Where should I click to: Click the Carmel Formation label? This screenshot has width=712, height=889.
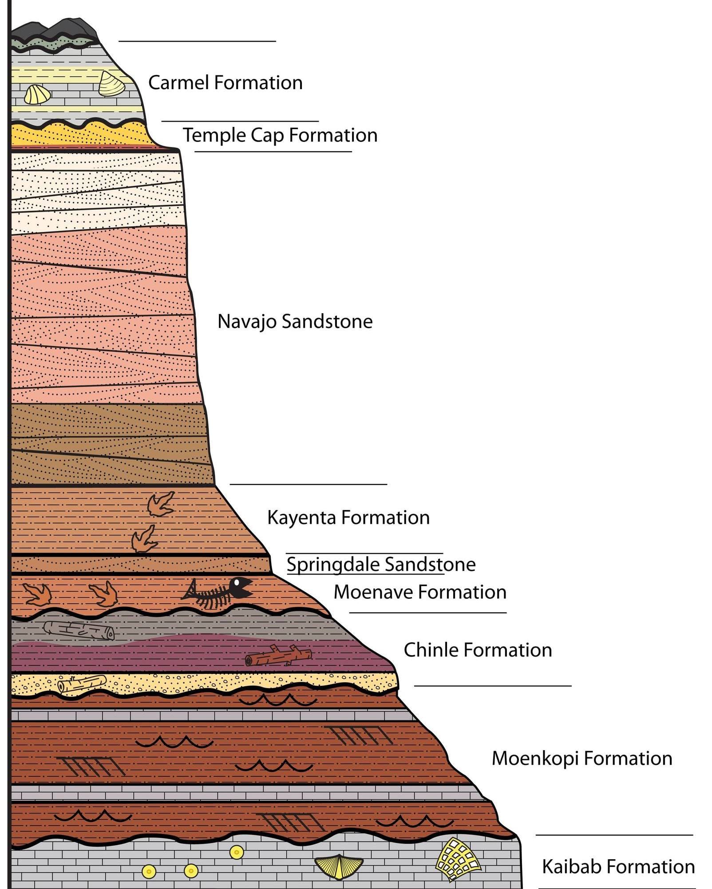click(225, 83)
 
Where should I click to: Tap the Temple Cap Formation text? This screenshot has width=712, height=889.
click(280, 135)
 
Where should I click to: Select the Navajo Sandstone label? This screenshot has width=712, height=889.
click(295, 322)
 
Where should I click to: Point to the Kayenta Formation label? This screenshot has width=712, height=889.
click(348, 518)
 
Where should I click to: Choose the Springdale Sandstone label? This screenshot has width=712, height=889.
click(381, 565)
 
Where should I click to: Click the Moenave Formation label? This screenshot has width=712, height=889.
click(420, 592)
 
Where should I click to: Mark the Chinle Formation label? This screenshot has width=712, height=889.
click(478, 650)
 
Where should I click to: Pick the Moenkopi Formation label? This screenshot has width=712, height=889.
click(581, 759)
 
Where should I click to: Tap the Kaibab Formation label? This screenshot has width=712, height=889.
click(618, 866)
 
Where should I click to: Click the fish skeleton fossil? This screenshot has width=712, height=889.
click(218, 593)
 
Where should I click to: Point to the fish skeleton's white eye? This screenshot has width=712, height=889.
click(237, 582)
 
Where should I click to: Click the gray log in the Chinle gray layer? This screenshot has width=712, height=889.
click(79, 630)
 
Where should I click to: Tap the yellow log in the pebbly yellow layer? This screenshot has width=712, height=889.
click(82, 684)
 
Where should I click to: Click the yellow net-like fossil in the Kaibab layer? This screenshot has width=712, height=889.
click(457, 858)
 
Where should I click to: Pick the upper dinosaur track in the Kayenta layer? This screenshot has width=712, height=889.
click(161, 504)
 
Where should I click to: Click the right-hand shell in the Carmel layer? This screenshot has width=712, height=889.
click(111, 84)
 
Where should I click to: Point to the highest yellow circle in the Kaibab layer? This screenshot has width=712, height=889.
click(236, 852)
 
